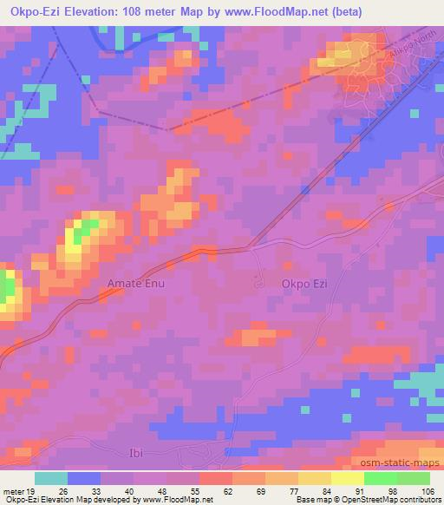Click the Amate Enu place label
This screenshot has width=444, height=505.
(x=134, y=283)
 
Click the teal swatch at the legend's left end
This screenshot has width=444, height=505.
(x=51, y=478)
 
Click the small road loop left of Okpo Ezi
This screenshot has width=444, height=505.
(x=258, y=283)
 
